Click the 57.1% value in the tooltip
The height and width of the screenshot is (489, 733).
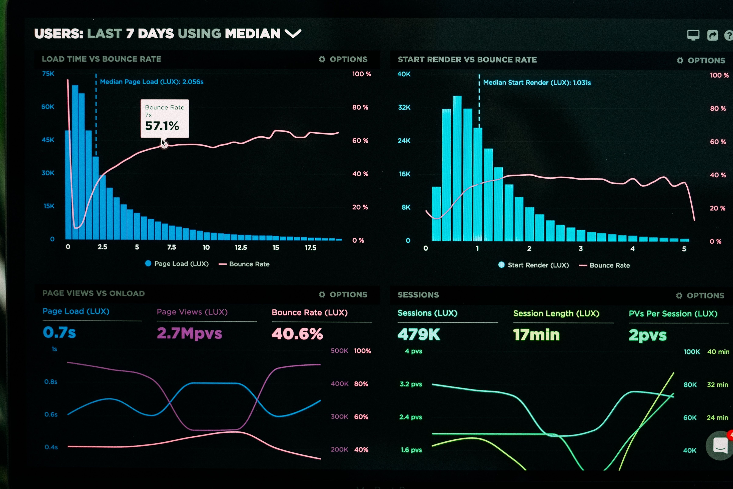pyautogui.click(x=162, y=126)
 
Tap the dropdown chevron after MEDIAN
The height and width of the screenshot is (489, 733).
pyautogui.click(x=293, y=33)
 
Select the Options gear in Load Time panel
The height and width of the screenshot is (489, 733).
pyautogui.click(x=322, y=59)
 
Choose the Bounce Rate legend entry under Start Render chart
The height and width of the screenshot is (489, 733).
pyautogui.click(x=605, y=265)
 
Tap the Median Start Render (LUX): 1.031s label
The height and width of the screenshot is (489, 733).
pyautogui.click(x=537, y=83)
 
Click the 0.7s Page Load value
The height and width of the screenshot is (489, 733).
pyautogui.click(x=59, y=332)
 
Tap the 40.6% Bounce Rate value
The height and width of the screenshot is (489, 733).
pyautogui.click(x=297, y=334)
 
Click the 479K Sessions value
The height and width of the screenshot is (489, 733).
pyautogui.click(x=419, y=335)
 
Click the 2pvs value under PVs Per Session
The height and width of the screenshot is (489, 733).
pyautogui.click(x=648, y=336)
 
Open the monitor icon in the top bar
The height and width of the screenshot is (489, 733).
pyautogui.click(x=693, y=35)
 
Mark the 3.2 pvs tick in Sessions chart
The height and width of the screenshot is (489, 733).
pyautogui.click(x=411, y=384)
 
